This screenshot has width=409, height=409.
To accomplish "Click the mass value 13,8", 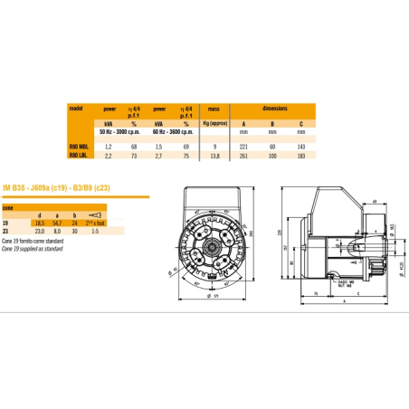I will (214, 157).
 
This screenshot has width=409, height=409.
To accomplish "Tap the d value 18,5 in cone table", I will (39, 222).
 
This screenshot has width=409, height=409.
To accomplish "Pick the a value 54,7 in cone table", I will (56, 222).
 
